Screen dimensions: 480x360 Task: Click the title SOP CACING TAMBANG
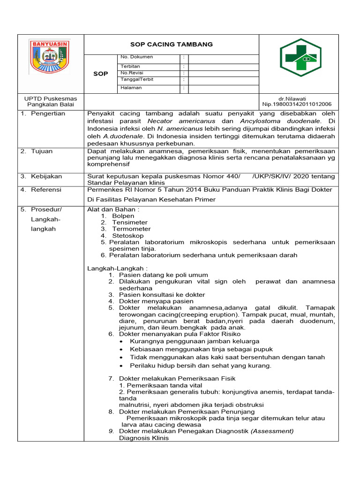171,44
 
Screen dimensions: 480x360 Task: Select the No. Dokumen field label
137,57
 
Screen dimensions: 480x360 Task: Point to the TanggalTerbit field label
137,80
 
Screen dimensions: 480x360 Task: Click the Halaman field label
131,88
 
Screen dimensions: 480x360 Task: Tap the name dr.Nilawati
292,98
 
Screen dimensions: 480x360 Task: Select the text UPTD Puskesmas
51,98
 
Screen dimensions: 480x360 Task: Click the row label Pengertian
48,114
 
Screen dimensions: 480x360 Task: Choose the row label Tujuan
42,151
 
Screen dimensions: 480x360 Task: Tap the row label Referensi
47,190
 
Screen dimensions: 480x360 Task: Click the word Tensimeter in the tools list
130,222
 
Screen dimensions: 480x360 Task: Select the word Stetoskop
128,235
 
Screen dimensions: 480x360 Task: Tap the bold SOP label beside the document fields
100,74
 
